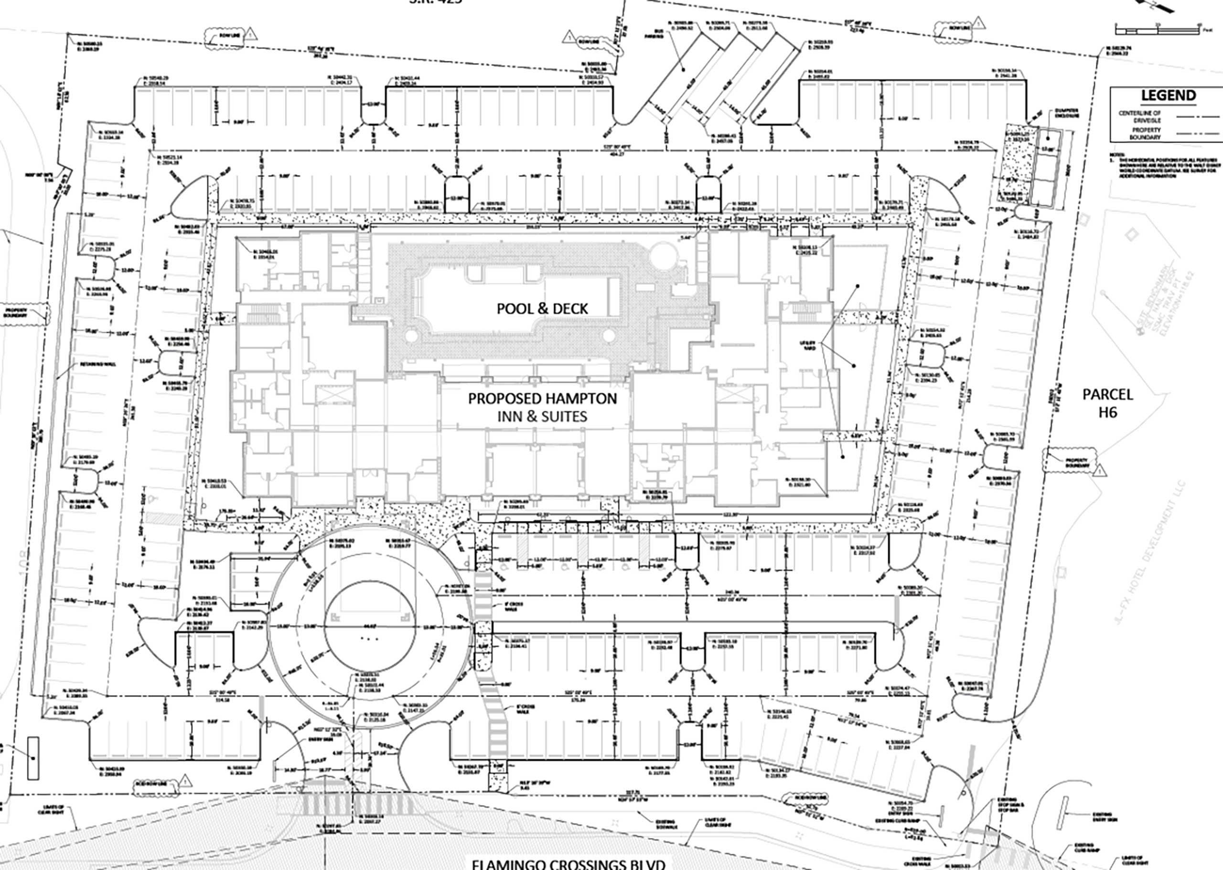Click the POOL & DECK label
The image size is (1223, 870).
click(x=542, y=309)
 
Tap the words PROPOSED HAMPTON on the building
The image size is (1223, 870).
click(x=542, y=399)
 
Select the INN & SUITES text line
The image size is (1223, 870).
click(x=542, y=416)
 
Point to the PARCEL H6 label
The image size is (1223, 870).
click(x=1107, y=403)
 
